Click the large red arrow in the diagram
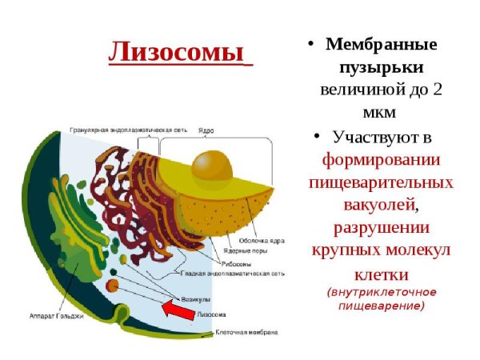[178, 309]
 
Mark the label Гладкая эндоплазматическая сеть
[245, 274]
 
